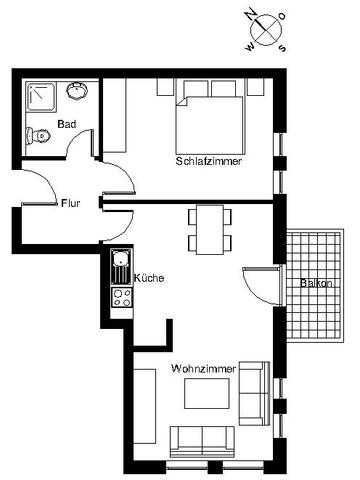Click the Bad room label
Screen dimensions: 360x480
tap(67, 124)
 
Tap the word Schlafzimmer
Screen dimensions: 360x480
tap(209, 161)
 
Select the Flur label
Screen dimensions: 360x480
tap(71, 203)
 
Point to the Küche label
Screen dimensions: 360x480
tap(149, 278)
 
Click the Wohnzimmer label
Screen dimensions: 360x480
tap(204, 369)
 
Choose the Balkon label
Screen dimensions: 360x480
tap(316, 283)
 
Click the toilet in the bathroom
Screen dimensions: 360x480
tap(38, 135)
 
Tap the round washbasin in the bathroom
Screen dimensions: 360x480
tap(77, 90)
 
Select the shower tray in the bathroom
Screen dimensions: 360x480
tap(42, 97)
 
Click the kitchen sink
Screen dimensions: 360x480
tap(121, 267)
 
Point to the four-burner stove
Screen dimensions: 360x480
tap(121, 298)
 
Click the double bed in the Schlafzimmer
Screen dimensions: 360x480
tap(209, 117)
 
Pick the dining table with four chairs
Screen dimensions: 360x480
tap(210, 230)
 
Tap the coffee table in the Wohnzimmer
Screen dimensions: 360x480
tap(207, 393)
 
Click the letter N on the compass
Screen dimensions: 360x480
tap(251, 14)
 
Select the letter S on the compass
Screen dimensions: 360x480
tap(282, 48)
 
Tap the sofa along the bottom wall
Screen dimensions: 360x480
tap(202, 441)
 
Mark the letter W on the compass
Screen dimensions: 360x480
tap(249, 47)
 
